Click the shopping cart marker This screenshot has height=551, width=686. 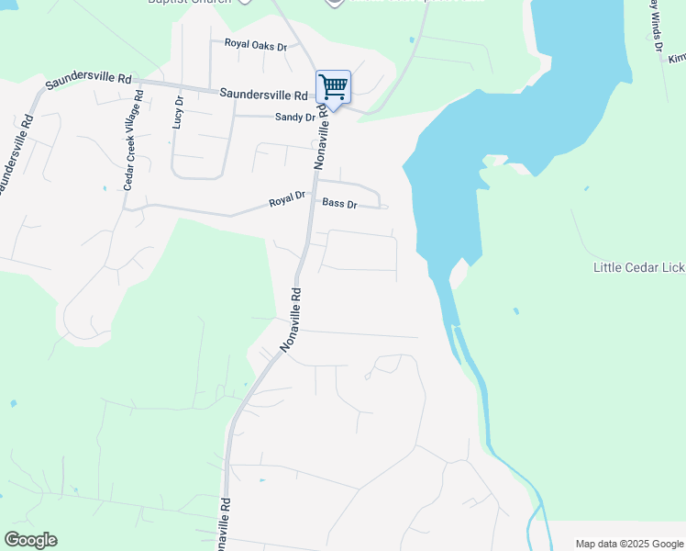coord(333,87)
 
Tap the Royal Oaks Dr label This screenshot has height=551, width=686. coord(256,44)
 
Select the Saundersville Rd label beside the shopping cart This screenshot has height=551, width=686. coord(263,95)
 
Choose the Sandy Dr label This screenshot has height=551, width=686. coord(295,117)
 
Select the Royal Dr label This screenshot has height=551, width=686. coord(286,199)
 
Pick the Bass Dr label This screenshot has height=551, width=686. coord(339,203)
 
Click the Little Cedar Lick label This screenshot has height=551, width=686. coord(638,268)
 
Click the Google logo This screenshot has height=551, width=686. coord(30,540)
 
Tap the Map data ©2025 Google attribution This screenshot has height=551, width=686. coord(628,544)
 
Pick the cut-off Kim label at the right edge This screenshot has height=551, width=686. coord(676,58)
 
